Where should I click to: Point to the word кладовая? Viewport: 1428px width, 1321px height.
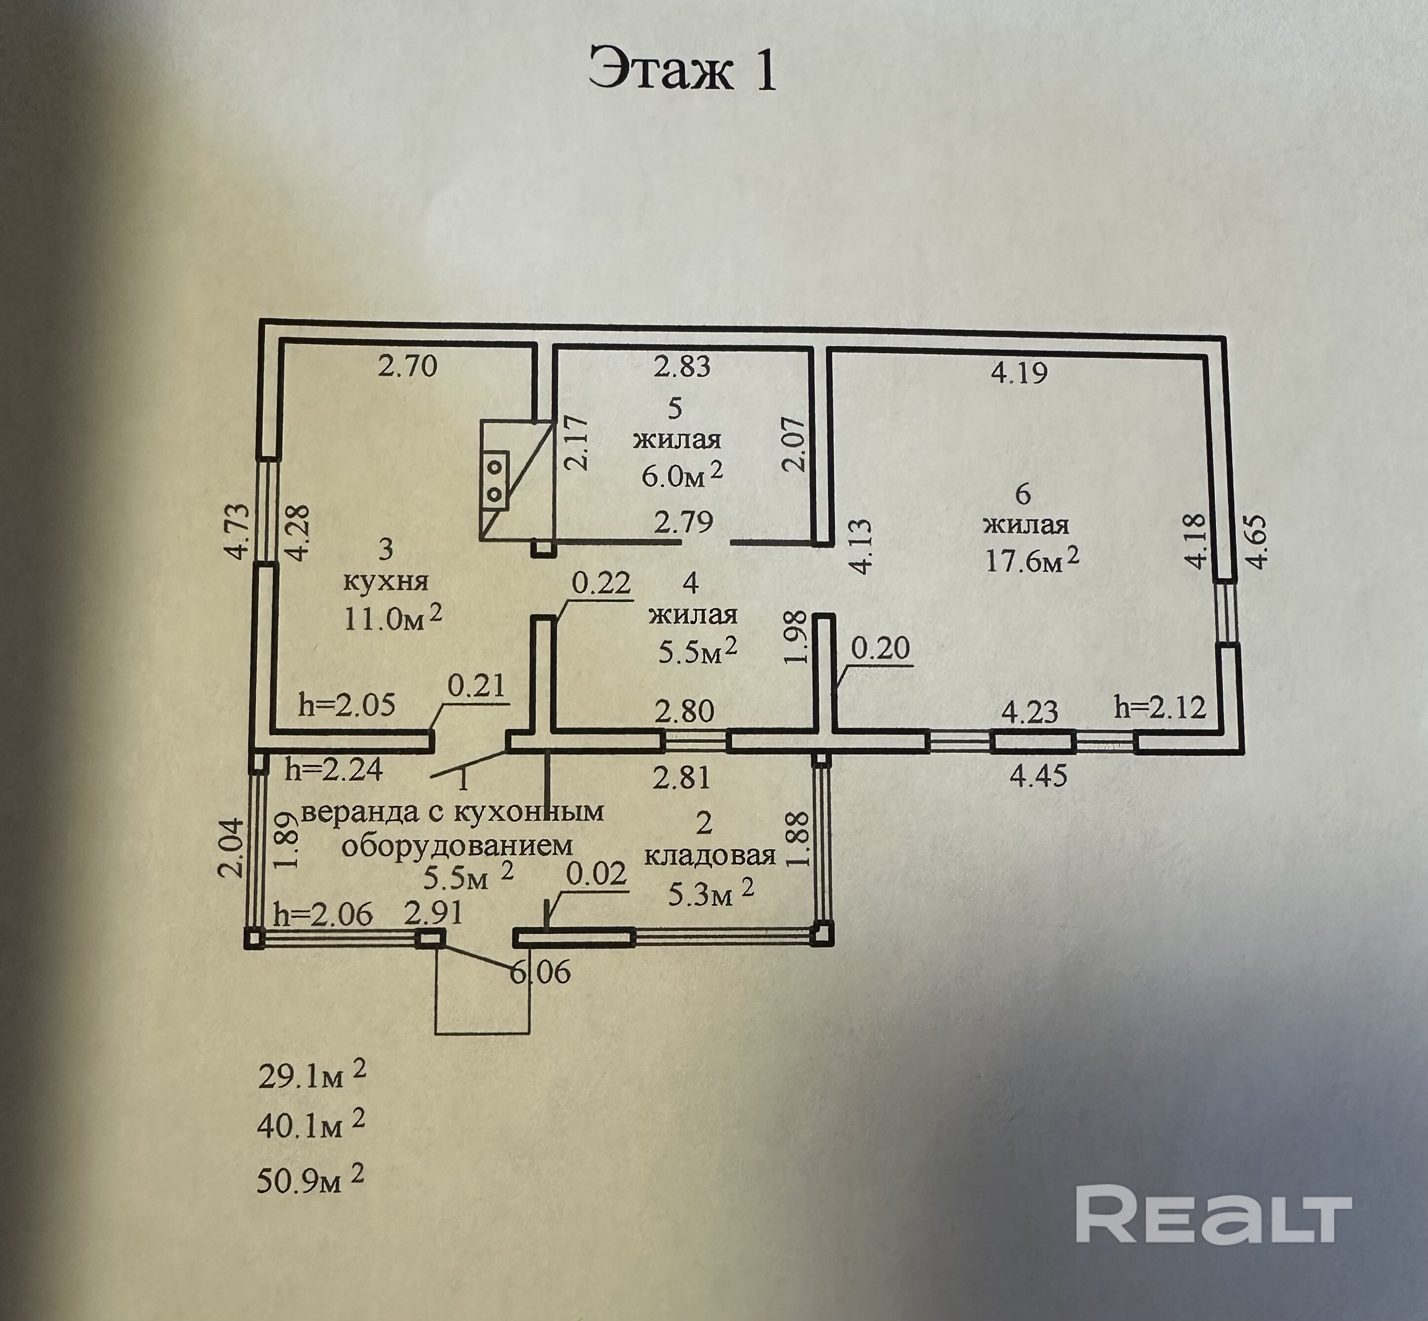pyautogui.click(x=710, y=856)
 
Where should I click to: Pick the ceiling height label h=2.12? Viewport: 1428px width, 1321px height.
pyautogui.click(x=1160, y=708)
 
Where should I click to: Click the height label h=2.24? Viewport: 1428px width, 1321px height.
pyautogui.click(x=334, y=770)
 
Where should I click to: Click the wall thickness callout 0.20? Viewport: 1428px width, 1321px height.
pyautogui.click(x=881, y=648)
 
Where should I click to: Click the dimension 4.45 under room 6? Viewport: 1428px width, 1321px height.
pyautogui.click(x=1038, y=775)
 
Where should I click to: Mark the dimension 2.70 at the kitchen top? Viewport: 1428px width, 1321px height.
pyautogui.click(x=407, y=367)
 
